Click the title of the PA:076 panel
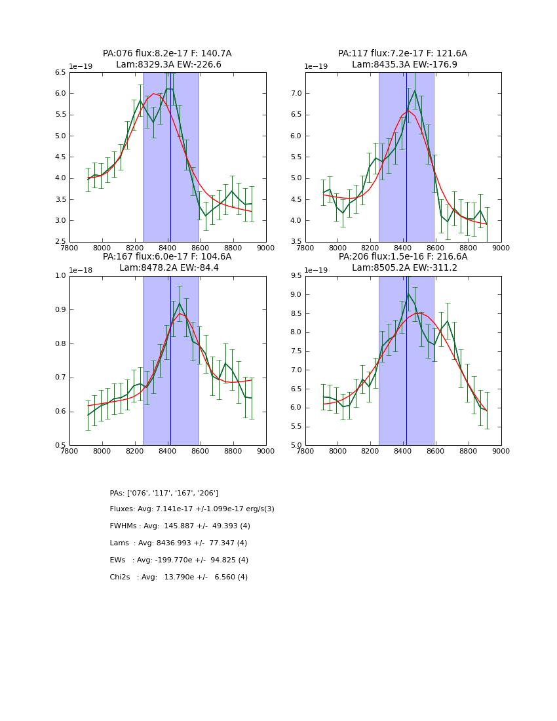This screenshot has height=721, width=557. pos(167,59)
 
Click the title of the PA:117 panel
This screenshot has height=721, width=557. pos(402,59)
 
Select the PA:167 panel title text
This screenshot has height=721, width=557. pos(167,262)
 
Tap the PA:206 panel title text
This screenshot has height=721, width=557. pos(402,262)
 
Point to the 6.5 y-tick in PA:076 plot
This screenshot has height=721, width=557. pos(60,73)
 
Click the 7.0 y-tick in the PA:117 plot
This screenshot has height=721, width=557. pos(296,94)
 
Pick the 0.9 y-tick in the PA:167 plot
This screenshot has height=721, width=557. pos(60,310)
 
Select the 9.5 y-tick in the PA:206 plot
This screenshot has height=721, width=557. pos(296,276)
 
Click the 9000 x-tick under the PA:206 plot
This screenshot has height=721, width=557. pos(501,451)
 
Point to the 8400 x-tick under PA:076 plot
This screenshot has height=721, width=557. pos(168,248)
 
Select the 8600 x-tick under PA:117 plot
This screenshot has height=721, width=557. pos(436,248)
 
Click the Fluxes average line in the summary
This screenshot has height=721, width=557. pos(192,509)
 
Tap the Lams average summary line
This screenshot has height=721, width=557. pos(178,543)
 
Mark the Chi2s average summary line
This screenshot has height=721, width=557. pos(178,577)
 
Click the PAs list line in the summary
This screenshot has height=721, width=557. pos(164,493)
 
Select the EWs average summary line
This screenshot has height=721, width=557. pos(179,560)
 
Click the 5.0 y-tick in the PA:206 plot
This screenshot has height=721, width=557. pos(296,445)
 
